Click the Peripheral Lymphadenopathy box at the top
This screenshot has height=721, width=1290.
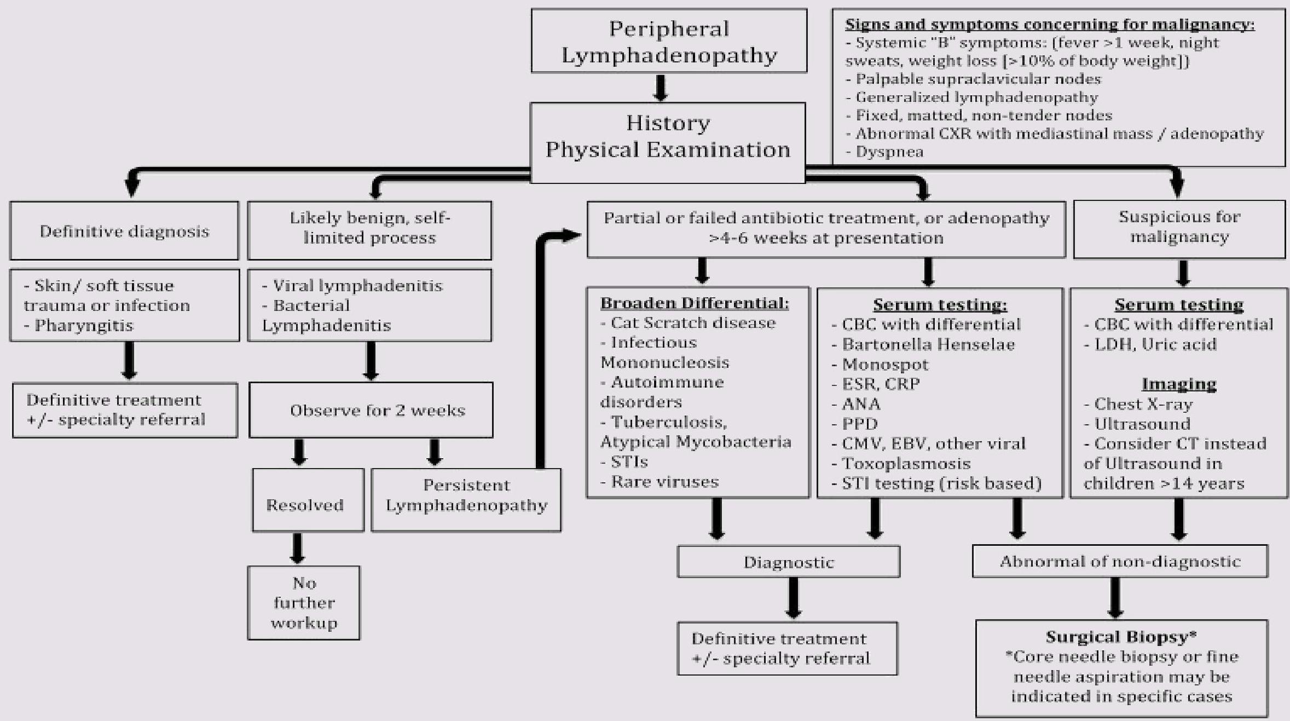click(x=669, y=41)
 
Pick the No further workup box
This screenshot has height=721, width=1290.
click(x=304, y=603)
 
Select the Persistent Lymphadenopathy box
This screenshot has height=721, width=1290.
click(x=466, y=495)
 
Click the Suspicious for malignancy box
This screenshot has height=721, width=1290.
click(x=1179, y=227)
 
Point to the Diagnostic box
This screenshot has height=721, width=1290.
click(x=788, y=562)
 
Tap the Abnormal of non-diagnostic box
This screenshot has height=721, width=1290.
click(x=1120, y=562)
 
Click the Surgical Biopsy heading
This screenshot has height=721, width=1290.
click(x=1121, y=637)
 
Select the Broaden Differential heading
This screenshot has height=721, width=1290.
click(x=695, y=303)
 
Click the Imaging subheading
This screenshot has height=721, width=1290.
click(x=1179, y=384)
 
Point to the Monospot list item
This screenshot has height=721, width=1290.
click(x=885, y=364)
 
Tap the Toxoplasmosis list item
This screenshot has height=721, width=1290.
click(x=906, y=464)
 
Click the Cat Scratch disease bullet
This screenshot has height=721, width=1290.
click(x=693, y=323)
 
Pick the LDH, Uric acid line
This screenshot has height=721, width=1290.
click(x=1155, y=344)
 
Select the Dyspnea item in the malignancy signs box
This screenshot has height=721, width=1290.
click(x=889, y=152)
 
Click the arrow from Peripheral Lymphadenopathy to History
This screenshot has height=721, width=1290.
click(x=661, y=88)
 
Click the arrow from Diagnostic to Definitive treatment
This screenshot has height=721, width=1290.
click(x=794, y=599)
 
